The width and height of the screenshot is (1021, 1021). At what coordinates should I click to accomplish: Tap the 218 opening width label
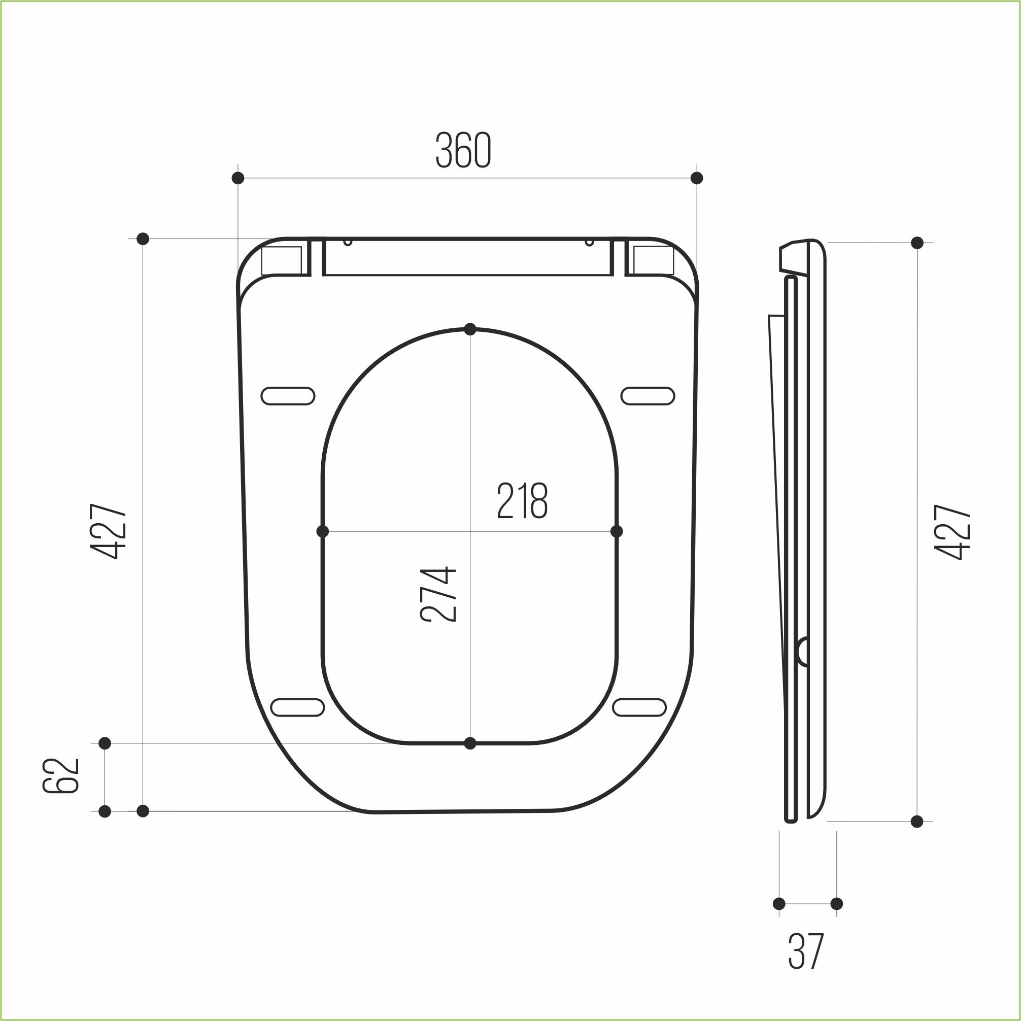coord(522,500)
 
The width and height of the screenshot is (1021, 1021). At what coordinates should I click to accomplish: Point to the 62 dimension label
coord(61,776)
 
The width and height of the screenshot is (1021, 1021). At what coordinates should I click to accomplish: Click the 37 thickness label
coord(805,951)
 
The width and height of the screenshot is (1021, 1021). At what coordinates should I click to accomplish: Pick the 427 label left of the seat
coord(108,531)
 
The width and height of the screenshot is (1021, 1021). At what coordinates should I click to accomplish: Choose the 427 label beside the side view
coord(952,532)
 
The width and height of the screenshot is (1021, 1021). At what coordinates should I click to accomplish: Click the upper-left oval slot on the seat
coord(288,396)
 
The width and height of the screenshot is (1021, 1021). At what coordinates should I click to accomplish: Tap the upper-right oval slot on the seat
coord(648,396)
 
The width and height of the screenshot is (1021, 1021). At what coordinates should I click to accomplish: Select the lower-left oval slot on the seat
coord(297,707)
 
